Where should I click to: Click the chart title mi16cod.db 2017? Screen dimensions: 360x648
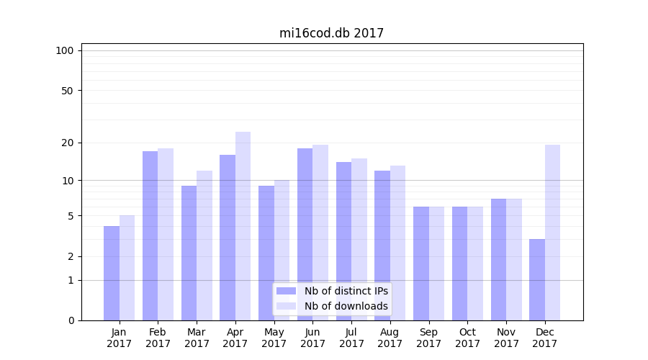[331, 33]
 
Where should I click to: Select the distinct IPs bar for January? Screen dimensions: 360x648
[112, 274]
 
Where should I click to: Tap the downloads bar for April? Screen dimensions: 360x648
[243, 226]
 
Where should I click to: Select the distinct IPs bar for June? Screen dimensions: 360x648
[305, 234]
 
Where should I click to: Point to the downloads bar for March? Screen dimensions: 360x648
[204, 246]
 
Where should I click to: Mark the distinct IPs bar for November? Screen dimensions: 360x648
[498, 259]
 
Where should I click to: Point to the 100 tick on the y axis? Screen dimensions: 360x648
[65, 50]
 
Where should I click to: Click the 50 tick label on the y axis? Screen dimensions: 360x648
[68, 91]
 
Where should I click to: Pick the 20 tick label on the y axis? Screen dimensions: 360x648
[68, 143]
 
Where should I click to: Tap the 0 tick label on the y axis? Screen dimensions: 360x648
[71, 320]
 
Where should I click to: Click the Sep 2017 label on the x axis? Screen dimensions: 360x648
[428, 338]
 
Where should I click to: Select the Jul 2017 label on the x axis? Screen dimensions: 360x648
[351, 338]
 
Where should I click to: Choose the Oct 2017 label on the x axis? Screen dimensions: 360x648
[467, 338]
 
